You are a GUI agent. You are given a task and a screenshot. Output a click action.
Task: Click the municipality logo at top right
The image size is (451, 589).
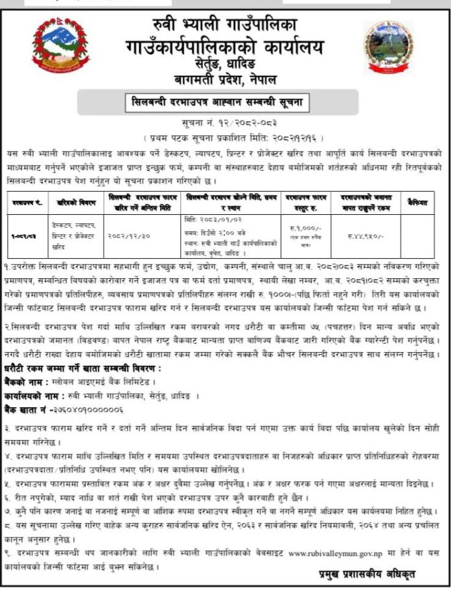[388, 47]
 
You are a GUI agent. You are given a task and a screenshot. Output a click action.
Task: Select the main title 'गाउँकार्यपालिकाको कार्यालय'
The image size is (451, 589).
[225, 47]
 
